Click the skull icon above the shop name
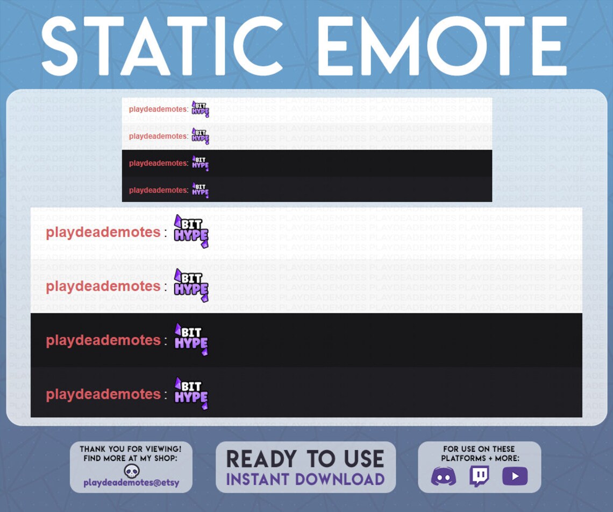131,471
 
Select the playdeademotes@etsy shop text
131,483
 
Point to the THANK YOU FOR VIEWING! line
131,449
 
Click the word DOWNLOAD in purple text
341,479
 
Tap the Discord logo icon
444,476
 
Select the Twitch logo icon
479,476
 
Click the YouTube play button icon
515,476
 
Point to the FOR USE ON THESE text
479,449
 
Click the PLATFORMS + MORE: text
480,458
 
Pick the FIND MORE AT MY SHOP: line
131,458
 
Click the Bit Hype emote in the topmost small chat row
200,109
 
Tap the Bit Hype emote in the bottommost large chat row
191,394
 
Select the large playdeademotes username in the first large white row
103,233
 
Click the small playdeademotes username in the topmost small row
158,109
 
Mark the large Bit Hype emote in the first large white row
191,232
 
